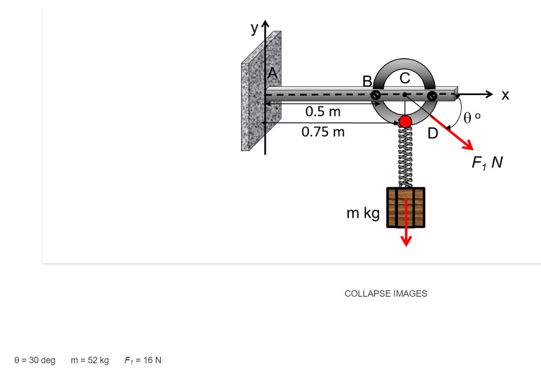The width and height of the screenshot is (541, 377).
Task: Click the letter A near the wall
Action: tap(273, 75)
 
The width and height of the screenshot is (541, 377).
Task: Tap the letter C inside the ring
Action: tap(404, 78)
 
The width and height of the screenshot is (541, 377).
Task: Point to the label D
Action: tap(432, 134)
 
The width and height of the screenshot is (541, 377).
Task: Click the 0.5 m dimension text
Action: tap(323, 111)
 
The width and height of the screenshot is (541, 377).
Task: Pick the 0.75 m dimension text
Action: tap(323, 132)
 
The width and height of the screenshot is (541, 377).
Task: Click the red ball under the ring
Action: tap(405, 121)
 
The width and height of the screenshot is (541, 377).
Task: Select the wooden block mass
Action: tap(405, 207)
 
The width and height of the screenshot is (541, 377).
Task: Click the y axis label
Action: tap(254, 29)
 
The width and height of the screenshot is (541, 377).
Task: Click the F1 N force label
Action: tap(487, 163)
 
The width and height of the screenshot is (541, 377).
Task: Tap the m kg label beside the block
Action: tap(363, 213)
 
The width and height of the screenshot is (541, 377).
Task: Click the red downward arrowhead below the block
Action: tap(406, 240)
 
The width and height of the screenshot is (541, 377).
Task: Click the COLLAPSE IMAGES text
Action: tap(386, 294)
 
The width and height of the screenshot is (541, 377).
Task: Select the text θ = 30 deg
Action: tap(35, 360)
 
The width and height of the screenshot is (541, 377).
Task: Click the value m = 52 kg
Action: tap(90, 360)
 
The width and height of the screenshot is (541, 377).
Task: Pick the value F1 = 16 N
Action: tap(143, 360)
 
